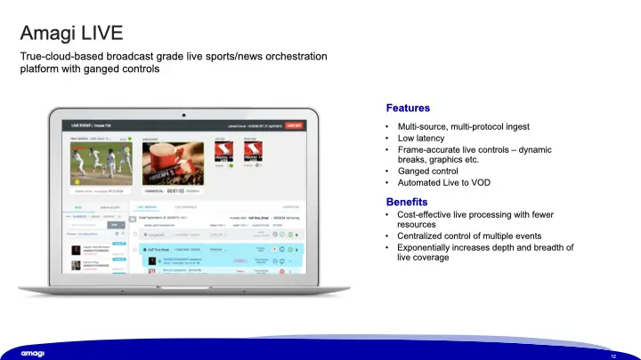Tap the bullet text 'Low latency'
pos(422,138)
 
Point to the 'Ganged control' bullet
pos(427,171)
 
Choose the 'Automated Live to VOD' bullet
pos(442,182)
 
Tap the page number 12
pos(613,355)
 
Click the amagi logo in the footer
pos(33,353)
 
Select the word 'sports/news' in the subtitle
pos(222,58)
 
